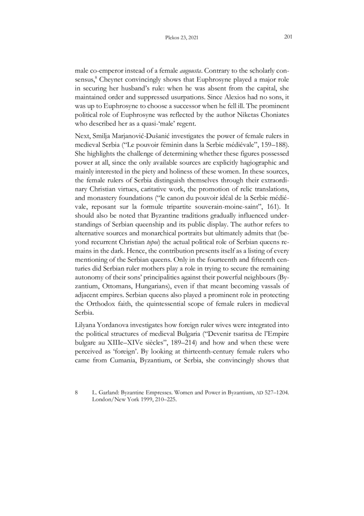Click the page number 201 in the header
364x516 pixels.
[x=288, y=37]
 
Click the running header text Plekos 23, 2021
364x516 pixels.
[x=181, y=38]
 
